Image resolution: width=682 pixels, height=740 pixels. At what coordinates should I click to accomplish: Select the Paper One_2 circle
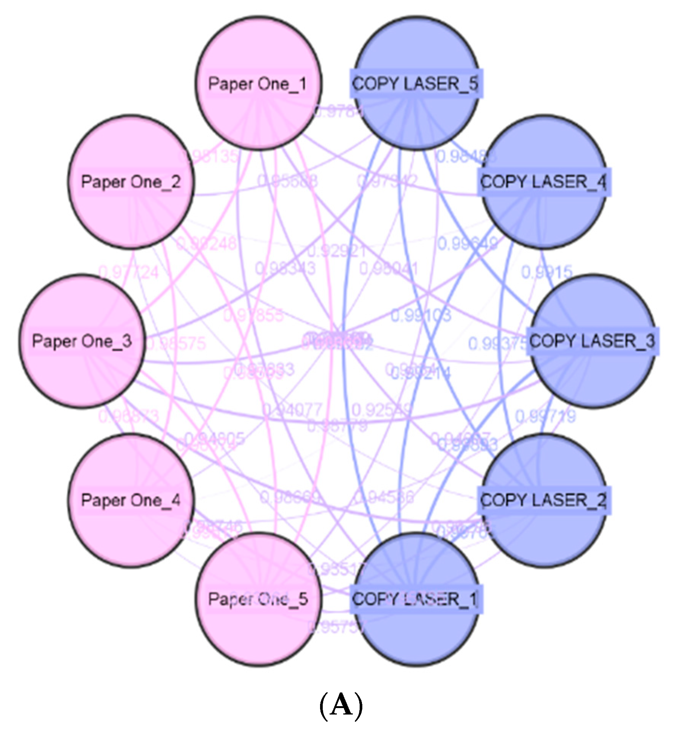point(131,182)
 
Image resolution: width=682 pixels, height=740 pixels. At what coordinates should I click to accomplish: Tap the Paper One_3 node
point(82,341)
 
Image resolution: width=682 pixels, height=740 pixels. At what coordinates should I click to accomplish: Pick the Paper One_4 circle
point(131,500)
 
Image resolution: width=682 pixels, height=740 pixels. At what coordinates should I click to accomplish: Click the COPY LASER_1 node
point(416,599)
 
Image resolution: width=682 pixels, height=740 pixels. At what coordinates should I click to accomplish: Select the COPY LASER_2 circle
point(543,500)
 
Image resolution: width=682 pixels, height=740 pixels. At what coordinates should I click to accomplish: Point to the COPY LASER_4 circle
point(543,182)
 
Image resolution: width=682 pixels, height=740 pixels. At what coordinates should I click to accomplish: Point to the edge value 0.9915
point(547,272)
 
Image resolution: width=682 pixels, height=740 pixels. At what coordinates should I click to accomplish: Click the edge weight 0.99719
point(545,416)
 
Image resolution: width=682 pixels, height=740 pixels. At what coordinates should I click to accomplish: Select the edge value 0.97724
point(129,272)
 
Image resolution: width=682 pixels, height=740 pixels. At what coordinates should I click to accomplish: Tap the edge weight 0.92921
point(337,251)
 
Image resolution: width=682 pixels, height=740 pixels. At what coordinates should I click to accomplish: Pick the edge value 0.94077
point(292,410)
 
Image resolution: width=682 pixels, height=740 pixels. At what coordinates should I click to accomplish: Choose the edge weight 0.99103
point(421,315)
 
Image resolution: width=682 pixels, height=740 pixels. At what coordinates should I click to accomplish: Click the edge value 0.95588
point(288,181)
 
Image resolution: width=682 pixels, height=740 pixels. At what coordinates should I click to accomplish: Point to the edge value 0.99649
point(467,244)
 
